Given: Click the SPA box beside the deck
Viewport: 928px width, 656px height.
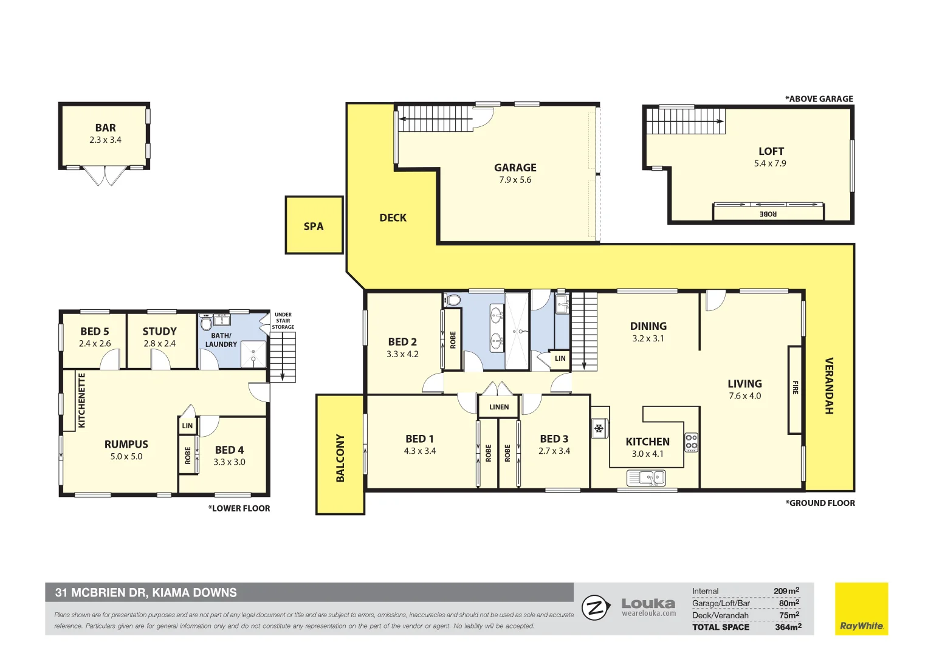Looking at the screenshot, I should pyautogui.click(x=314, y=226).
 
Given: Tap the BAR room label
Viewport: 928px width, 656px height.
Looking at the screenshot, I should pyautogui.click(x=105, y=128).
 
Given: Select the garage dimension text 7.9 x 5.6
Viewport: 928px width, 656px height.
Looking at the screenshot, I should pyautogui.click(x=515, y=180).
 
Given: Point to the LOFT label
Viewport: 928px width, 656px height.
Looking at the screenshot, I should pyautogui.click(x=771, y=151).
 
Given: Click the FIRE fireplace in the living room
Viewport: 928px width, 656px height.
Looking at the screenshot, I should pyautogui.click(x=795, y=389).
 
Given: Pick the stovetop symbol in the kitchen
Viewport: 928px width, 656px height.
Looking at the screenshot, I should pyautogui.click(x=691, y=442).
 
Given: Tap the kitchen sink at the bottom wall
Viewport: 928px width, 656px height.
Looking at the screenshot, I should pyautogui.click(x=646, y=478).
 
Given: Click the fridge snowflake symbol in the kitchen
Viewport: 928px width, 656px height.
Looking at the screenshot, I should pyautogui.click(x=599, y=429).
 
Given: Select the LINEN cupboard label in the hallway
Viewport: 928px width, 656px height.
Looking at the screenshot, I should pyautogui.click(x=499, y=407).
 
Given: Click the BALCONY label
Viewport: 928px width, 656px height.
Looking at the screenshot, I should pyautogui.click(x=340, y=457).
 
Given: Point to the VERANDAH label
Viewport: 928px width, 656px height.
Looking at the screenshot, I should pyautogui.click(x=828, y=386).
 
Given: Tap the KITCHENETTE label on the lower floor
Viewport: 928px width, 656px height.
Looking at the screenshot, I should pyautogui.click(x=82, y=400).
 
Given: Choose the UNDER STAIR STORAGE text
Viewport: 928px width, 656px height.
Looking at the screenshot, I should pyautogui.click(x=283, y=321).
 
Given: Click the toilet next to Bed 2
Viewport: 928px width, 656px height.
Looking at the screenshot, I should pyautogui.click(x=452, y=299).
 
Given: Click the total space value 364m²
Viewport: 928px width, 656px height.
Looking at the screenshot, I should pyautogui.click(x=788, y=627).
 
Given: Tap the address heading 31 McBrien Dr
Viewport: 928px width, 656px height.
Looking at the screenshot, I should pyautogui.click(x=146, y=592).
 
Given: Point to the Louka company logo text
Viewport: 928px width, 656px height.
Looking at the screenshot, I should pyautogui.click(x=648, y=604).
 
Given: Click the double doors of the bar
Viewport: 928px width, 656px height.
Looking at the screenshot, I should pyautogui.click(x=105, y=175).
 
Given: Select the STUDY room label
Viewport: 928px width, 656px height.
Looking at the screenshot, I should pyautogui.click(x=159, y=331).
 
